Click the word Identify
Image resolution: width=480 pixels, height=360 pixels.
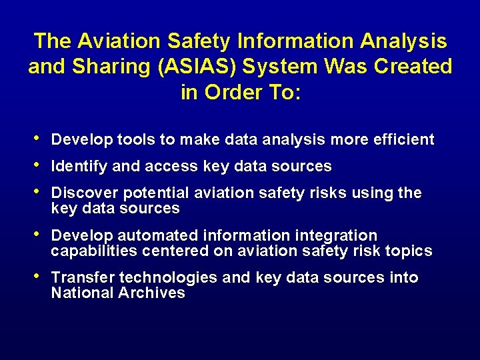click(77, 166)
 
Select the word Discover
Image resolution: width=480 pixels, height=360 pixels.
click(80, 193)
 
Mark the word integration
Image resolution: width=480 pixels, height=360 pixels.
click(337, 236)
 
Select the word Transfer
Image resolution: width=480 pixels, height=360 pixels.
click(78, 278)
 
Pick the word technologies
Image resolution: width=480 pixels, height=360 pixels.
click(161, 278)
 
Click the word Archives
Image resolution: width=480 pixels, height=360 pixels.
click(152, 293)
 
